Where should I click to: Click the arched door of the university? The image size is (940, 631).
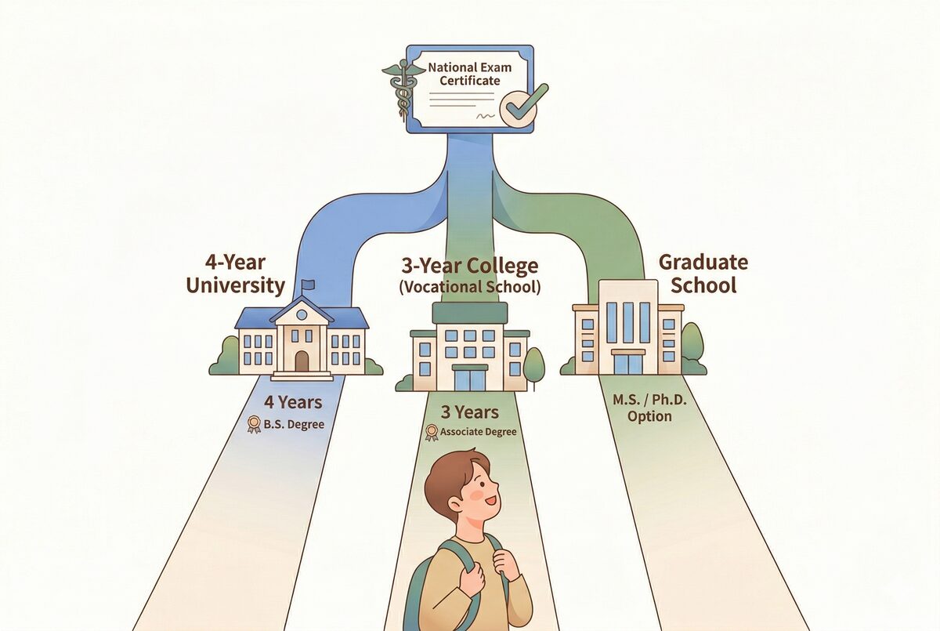(x=302, y=361)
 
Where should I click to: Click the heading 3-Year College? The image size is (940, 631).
(x=470, y=266)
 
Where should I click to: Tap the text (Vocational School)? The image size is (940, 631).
(x=470, y=287)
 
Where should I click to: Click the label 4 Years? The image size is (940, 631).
(x=292, y=403)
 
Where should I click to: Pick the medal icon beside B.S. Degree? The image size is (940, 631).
(x=253, y=424)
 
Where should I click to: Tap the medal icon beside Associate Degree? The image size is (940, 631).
(x=430, y=432)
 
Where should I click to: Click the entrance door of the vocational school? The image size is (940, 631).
(x=469, y=379)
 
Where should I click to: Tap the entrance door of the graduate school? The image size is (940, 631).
(x=627, y=363)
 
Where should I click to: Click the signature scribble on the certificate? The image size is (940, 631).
(x=486, y=115)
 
